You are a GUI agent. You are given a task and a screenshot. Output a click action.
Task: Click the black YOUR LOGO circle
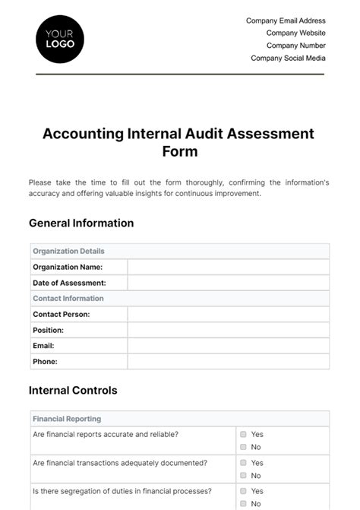click(60, 39)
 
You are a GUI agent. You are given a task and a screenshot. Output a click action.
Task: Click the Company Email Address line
click(286, 21)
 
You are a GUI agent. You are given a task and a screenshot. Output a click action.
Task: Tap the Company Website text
click(295, 33)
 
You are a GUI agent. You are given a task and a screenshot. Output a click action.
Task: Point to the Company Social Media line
click(288, 58)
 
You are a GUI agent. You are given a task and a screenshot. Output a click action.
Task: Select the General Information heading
click(81, 223)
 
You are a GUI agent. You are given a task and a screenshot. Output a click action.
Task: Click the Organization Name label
click(68, 267)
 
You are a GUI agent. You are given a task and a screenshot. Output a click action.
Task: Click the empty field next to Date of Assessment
click(228, 283)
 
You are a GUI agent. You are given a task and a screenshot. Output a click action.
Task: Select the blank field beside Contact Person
click(228, 314)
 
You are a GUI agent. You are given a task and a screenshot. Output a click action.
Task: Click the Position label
click(49, 330)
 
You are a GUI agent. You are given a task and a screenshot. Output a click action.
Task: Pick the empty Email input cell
click(228, 346)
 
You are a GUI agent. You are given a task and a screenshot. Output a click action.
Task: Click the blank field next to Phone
click(228, 362)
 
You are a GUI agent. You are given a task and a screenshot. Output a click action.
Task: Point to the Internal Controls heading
click(73, 391)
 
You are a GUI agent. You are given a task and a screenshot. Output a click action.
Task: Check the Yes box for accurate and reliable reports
click(244, 435)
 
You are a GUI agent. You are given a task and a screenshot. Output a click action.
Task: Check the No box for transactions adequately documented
click(244, 476)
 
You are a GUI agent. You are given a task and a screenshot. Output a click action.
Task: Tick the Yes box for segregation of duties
click(244, 491)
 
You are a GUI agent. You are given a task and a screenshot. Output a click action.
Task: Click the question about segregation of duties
click(122, 491)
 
